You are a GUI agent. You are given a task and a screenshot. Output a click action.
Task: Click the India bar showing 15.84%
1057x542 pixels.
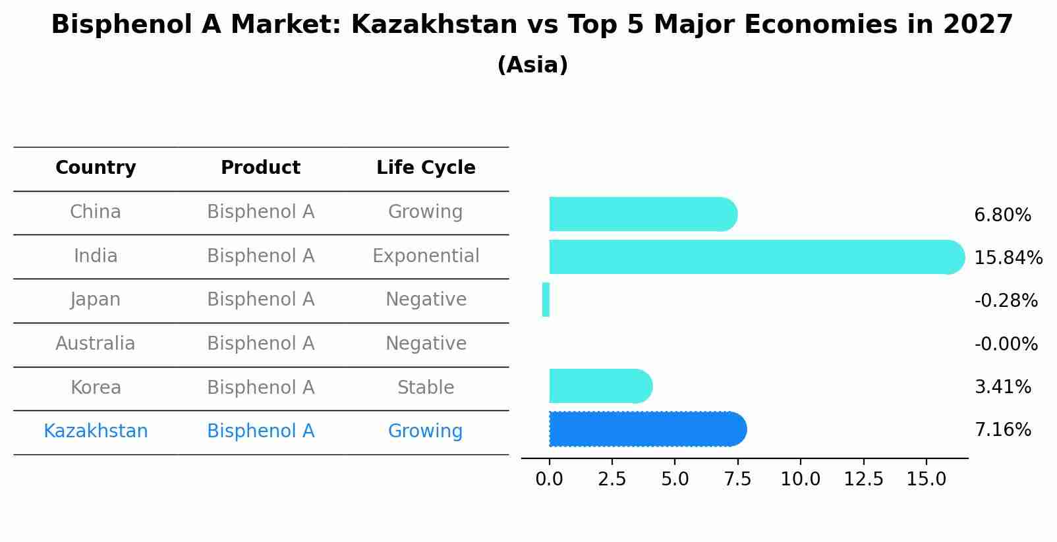751,257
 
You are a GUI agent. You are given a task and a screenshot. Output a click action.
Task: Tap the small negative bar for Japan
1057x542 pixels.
546,300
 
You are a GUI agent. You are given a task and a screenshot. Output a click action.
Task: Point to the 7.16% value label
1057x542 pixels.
1002,430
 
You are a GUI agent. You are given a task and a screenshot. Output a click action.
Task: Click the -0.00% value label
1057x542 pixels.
1006,344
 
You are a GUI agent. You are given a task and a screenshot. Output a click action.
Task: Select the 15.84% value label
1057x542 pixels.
1008,257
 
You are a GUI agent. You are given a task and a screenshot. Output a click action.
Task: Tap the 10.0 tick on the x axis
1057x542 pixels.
800,479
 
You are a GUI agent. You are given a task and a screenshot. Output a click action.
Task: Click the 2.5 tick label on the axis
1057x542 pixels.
612,479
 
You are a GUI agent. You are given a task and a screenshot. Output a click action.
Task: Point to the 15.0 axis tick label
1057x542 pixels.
926,479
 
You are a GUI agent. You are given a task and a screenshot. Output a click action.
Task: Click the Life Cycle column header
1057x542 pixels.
426,168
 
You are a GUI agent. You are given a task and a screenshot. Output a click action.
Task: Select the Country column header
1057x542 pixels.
96,168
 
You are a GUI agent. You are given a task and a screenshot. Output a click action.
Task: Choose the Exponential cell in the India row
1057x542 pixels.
426,256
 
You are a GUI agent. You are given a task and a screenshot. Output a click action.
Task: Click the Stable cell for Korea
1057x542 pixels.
426,387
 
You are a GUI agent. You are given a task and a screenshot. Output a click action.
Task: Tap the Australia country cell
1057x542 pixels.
96,343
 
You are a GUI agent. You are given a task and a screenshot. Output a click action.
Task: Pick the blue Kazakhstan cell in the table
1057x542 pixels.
96,431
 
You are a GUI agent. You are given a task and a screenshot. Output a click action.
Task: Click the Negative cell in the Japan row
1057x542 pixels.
426,300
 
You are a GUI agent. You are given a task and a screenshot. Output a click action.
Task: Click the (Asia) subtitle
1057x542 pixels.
532,65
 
